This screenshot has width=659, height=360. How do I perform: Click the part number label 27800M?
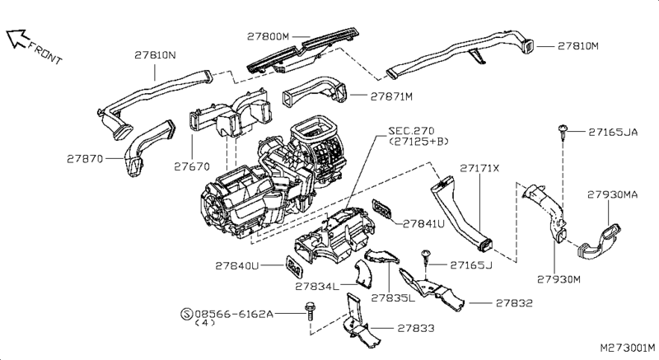pyautogui.click(x=269, y=37)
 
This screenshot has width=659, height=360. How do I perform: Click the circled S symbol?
pyautogui.click(x=185, y=314)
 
